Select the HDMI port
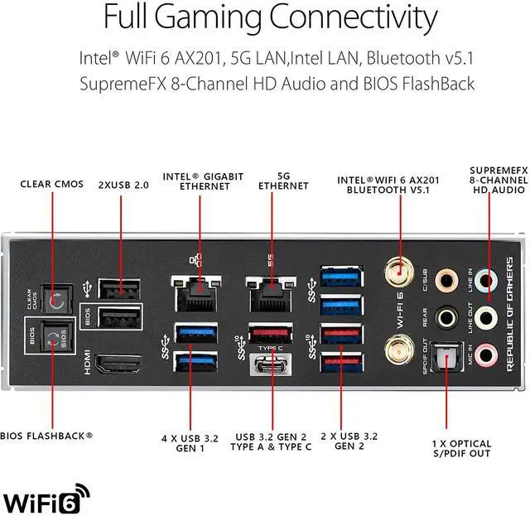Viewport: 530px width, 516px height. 118,364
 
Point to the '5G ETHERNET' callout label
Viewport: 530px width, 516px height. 282,181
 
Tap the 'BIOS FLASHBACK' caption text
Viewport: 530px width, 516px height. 46,434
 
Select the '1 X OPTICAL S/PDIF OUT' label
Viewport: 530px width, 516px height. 461,448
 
